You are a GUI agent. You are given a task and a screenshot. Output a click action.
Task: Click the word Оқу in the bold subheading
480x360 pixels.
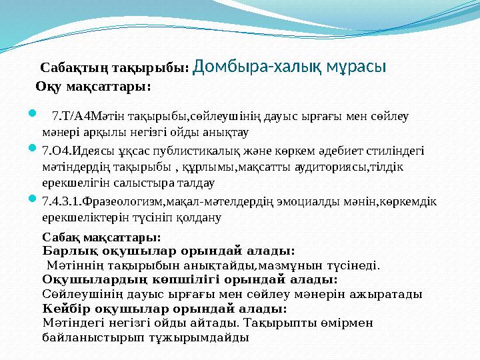49,87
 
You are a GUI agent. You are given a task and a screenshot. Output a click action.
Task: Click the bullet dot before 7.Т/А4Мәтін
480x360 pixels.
32,113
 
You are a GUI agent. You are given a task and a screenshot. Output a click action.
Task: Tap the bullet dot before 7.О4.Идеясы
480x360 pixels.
32,148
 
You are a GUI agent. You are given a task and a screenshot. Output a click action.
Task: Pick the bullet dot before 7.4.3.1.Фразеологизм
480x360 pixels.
32,199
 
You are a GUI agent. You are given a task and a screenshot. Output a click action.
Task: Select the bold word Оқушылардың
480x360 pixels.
95,280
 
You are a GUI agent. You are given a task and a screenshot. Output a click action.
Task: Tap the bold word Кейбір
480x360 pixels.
67,309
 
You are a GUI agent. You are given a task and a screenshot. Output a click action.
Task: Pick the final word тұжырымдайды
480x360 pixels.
199,338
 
